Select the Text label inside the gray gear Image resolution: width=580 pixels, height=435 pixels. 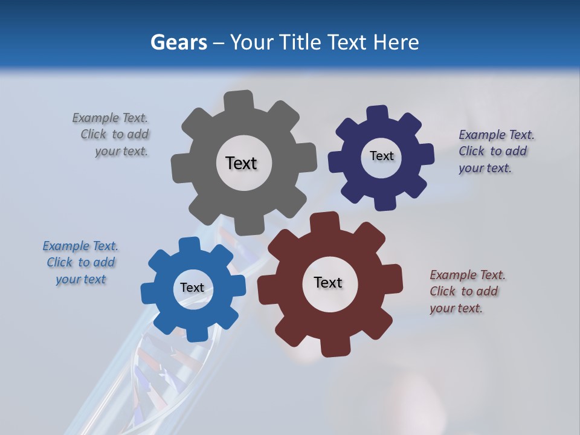241,163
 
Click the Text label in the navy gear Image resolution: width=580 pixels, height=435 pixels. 381,156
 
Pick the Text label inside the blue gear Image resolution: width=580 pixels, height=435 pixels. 192,288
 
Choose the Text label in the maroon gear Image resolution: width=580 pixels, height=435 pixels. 328,283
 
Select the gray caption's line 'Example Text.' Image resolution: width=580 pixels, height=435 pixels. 110,118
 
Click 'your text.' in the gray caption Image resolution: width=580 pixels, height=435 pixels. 121,151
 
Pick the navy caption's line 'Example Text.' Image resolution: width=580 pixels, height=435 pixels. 497,135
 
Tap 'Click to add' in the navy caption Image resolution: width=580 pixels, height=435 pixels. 492,151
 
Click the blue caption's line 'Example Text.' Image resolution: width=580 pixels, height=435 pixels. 80,246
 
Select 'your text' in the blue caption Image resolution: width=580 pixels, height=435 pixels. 80,279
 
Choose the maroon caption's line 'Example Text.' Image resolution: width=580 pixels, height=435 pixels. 468,275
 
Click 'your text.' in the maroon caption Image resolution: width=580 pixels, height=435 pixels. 456,308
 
